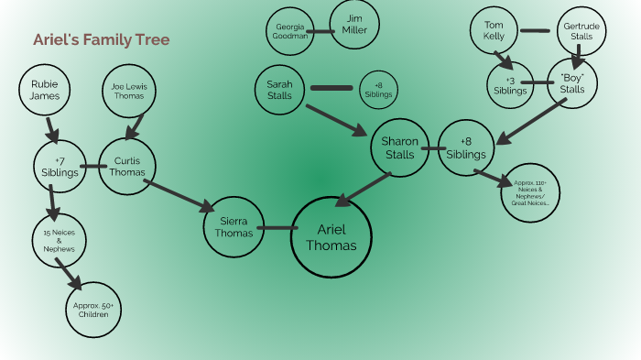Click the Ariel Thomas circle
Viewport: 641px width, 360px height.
click(x=331, y=236)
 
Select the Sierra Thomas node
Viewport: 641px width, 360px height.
click(x=233, y=227)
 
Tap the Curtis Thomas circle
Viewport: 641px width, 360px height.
click(x=127, y=166)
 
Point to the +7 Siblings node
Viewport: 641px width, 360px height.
click(x=59, y=166)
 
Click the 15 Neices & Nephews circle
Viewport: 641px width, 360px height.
click(x=59, y=241)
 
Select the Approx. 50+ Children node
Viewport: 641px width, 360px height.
click(x=92, y=310)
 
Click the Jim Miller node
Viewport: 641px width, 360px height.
click(x=354, y=26)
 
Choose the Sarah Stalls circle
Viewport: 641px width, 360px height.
click(x=279, y=90)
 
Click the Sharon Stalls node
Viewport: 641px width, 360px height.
click(x=399, y=147)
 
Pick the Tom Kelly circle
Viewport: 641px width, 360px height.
click(x=494, y=30)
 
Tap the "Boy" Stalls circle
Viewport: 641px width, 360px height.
click(x=572, y=83)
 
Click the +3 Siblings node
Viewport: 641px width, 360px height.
click(x=510, y=85)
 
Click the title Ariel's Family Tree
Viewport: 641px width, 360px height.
click(x=101, y=40)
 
